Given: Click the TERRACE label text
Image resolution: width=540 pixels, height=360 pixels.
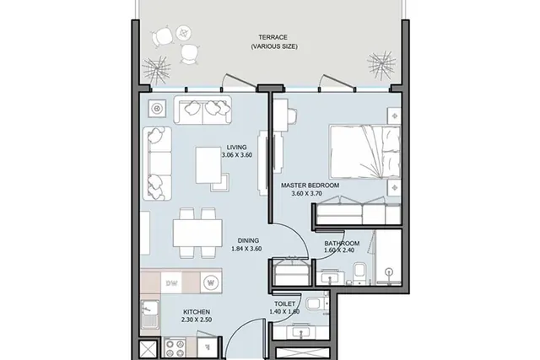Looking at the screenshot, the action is point(273,37).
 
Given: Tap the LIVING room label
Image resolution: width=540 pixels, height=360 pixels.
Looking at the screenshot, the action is point(236,148).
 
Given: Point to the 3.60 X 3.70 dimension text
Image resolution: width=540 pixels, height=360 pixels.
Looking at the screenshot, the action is point(306,193).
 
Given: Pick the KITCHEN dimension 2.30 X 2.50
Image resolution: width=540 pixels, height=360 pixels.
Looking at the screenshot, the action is point(197,320).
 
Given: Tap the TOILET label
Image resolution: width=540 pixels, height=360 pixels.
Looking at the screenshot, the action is point(285,304).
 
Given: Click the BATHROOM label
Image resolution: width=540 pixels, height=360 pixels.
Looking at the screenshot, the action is point(342,244).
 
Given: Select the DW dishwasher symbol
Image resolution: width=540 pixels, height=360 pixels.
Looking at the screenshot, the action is point(171,283).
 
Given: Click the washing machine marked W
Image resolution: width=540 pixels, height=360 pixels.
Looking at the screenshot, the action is point(210,283).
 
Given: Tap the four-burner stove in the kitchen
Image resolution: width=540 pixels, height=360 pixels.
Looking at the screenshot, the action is point(175,347).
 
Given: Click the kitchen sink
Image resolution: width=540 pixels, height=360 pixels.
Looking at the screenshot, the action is point(150,314).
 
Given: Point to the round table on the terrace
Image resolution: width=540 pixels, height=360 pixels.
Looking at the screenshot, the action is point(184,33).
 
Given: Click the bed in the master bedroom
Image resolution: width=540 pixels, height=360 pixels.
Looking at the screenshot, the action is point(365,152).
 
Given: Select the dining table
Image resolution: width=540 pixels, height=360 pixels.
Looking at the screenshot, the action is point(197,233).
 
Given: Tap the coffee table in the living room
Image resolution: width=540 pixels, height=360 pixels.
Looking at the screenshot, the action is point(208,165).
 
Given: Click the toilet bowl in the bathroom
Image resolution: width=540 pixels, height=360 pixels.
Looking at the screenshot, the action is point(359,271).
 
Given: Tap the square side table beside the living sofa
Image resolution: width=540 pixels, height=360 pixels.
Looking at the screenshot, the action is point(158,109).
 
